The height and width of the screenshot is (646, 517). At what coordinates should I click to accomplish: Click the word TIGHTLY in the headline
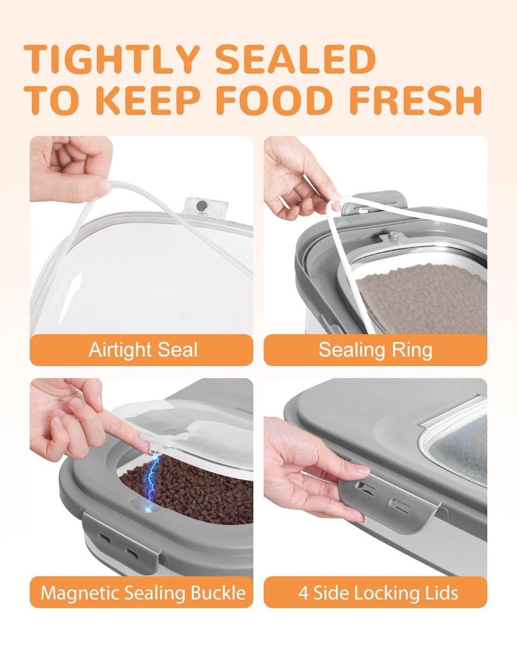coord(111,59)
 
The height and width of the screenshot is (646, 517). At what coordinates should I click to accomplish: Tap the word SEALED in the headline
coord(296,59)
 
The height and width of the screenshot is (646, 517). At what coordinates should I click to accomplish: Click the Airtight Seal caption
coord(143,350)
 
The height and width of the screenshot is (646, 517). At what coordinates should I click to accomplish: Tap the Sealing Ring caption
coord(375,350)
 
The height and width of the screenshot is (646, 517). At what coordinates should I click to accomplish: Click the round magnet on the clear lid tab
coord(201,206)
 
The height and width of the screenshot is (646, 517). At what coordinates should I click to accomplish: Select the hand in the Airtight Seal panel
coord(71,168)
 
